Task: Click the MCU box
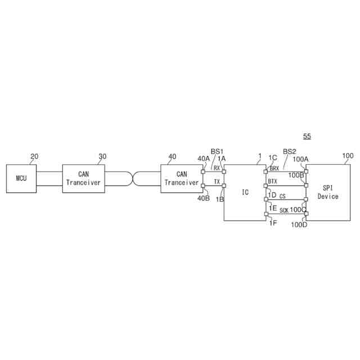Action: click(x=21, y=179)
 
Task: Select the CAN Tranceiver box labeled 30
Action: click(x=83, y=179)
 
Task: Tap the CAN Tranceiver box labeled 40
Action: click(x=181, y=179)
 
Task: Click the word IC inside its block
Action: click(x=245, y=192)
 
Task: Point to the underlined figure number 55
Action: click(x=307, y=136)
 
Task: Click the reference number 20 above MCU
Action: click(x=34, y=157)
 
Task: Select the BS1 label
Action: click(x=217, y=151)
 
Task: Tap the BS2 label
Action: click(x=289, y=151)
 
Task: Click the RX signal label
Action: click(x=217, y=168)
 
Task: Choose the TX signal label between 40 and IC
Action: click(x=217, y=182)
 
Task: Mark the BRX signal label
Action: click(x=274, y=168)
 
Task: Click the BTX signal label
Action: click(x=273, y=181)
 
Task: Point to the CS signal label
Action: click(x=282, y=196)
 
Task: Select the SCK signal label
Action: click(x=284, y=210)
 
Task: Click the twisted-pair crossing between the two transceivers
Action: click(x=132, y=179)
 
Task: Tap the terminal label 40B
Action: click(x=204, y=197)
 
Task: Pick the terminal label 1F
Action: click(x=273, y=223)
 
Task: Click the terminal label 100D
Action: click(x=299, y=225)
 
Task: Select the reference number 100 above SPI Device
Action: click(x=348, y=155)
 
